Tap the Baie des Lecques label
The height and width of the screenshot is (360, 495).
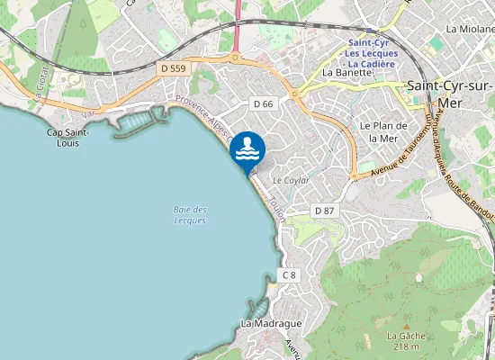[190, 214]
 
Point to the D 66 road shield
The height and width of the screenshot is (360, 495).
[263, 104]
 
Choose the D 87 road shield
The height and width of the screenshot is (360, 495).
[324, 211]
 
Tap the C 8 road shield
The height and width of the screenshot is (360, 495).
[288, 274]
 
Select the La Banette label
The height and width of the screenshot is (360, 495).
[346, 73]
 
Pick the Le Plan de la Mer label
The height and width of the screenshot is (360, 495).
[378, 131]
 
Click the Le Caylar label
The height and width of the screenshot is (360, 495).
[291, 181]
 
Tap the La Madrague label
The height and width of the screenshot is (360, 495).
[271, 323]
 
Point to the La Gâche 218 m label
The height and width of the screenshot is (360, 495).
[405, 341]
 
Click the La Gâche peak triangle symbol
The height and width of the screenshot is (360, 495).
[406, 325]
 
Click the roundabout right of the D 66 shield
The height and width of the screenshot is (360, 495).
[295, 94]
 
